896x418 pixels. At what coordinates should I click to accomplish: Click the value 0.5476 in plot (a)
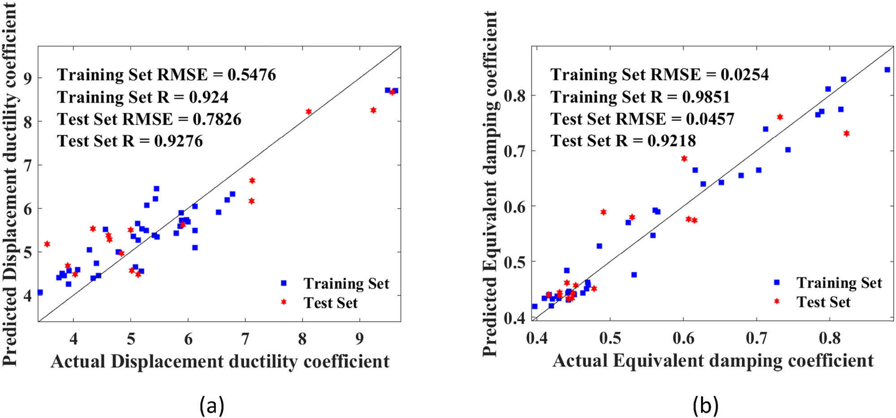[251, 74]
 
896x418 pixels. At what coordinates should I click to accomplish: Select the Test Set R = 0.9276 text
[130, 141]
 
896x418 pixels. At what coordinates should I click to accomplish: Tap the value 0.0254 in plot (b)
[745, 74]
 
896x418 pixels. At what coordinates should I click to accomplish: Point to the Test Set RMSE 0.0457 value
[710, 119]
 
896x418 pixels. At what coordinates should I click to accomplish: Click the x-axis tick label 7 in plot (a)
[245, 339]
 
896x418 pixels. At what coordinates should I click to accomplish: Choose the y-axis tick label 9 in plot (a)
[28, 78]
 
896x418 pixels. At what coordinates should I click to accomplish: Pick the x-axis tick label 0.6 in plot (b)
[683, 338]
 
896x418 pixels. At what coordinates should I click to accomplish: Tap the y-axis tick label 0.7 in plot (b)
[515, 151]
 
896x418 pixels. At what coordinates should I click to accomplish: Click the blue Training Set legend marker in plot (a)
[284, 283]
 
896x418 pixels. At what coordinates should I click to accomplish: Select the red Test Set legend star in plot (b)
[777, 301]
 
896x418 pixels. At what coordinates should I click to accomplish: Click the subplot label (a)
[211, 405]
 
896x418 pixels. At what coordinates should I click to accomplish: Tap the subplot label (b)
[706, 405]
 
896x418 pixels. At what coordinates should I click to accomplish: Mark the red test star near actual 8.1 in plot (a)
[309, 111]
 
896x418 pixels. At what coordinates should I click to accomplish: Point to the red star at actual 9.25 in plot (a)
[373, 110]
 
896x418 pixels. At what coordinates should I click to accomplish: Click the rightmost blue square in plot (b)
[887, 70]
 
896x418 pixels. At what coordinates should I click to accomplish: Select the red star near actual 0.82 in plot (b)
[846, 133]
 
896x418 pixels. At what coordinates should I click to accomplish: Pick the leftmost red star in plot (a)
[47, 244]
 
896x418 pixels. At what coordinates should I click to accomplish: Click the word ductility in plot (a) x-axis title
[264, 361]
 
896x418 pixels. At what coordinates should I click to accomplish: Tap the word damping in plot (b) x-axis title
[746, 361]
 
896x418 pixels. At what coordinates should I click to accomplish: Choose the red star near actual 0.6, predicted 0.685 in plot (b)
[684, 158]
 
